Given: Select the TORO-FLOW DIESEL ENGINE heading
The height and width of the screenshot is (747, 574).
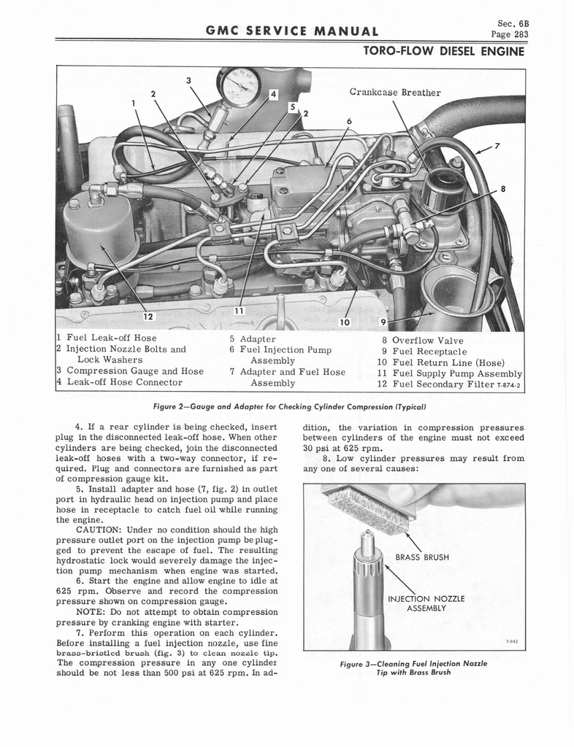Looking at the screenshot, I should (x=443, y=51).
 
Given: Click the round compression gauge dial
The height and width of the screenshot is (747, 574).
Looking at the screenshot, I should (x=240, y=87).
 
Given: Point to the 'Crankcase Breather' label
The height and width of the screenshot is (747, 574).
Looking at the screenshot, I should (x=395, y=92).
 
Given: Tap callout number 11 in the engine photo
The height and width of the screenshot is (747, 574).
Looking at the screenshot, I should (x=238, y=311).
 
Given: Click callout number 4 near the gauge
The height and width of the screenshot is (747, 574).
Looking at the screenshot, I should (x=273, y=94).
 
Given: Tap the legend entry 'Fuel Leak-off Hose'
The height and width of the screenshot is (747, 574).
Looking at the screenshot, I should (x=111, y=338).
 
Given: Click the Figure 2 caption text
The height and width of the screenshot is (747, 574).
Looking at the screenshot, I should (x=289, y=406).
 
